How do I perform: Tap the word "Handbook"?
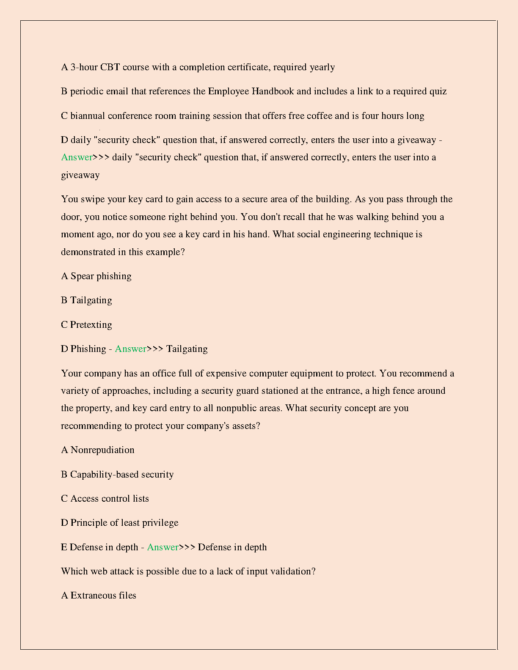point(273,91)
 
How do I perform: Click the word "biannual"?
point(88,116)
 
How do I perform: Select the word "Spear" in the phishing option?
point(82,276)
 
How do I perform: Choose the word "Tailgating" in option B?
point(91,300)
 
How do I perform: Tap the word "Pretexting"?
point(91,325)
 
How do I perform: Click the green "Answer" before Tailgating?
point(130,349)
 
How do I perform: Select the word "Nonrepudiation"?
point(102,450)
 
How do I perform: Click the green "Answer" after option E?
point(163,547)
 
